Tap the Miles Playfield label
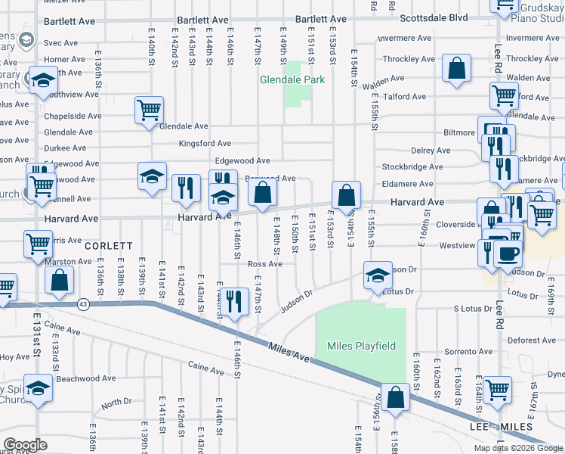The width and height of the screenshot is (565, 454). pyautogui.click(x=361, y=346)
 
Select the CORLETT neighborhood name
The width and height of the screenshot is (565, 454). pyautogui.click(x=109, y=246)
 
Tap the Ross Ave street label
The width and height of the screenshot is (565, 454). pyautogui.click(x=264, y=264)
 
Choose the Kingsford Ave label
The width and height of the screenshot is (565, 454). pyautogui.click(x=205, y=144)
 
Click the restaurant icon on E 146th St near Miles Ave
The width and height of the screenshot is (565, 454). pyautogui.click(x=236, y=301)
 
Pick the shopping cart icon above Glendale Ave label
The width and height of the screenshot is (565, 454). pyautogui.click(x=149, y=110)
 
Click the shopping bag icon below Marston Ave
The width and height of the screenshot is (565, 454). pyautogui.click(x=59, y=281)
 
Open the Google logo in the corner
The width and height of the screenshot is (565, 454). pyautogui.click(x=24, y=445)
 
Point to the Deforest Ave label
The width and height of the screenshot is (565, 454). pyautogui.click(x=532, y=340)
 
